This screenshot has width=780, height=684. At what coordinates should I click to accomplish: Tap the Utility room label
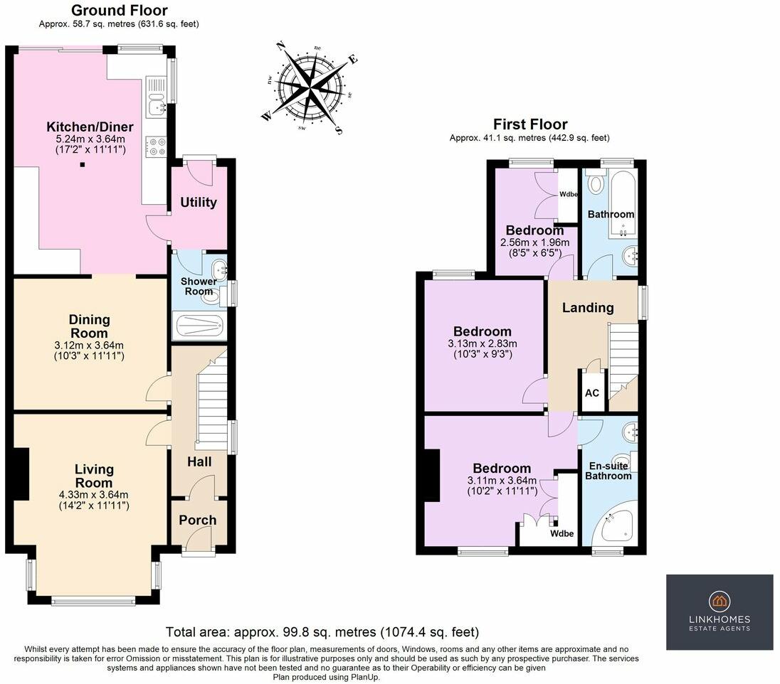[x=198, y=203]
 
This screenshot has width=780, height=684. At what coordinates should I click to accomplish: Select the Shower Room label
[x=199, y=286]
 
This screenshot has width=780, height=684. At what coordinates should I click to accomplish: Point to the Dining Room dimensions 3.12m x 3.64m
[x=89, y=346]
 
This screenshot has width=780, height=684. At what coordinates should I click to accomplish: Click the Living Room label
[x=94, y=476]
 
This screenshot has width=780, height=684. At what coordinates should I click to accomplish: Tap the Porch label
[x=197, y=520]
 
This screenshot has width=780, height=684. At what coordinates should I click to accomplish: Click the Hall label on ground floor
[x=199, y=462]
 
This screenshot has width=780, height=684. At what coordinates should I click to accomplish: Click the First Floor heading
[x=530, y=124]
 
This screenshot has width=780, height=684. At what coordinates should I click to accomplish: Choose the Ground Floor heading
[x=119, y=10]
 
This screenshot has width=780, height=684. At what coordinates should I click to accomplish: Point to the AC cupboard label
[x=591, y=393]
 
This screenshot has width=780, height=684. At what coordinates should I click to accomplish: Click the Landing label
[x=587, y=308]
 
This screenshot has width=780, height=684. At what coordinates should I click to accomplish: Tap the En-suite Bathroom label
[x=608, y=471]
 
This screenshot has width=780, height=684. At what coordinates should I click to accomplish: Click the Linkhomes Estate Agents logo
[x=720, y=611]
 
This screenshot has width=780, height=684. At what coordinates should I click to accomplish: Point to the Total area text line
[x=322, y=632]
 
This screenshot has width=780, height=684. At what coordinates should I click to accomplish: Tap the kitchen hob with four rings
[x=155, y=146]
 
